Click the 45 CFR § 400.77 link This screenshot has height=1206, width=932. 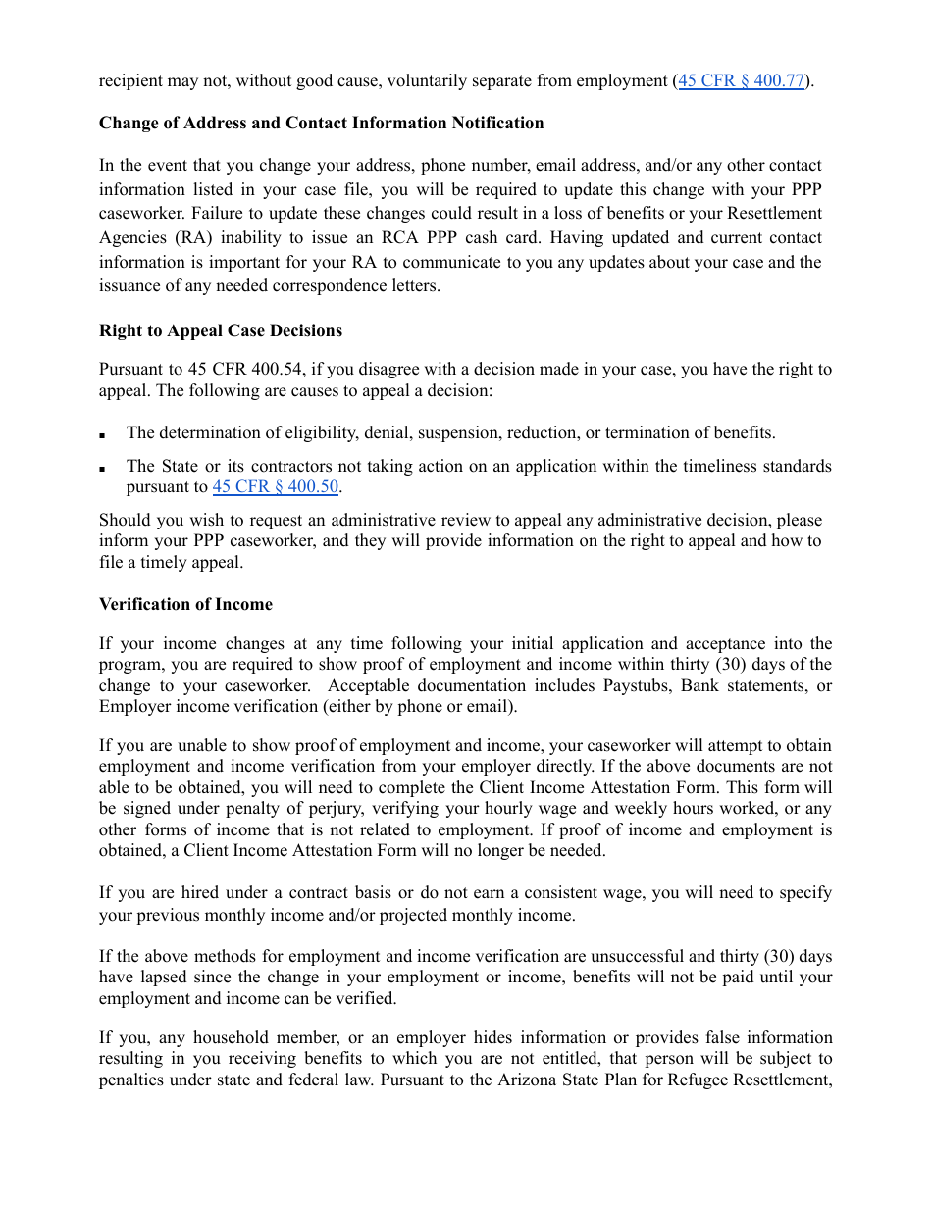742,81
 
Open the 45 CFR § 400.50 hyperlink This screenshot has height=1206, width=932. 276,487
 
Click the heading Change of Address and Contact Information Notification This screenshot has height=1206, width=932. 321,123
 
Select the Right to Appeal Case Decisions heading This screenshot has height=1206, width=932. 221,330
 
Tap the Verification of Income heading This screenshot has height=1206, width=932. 185,604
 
